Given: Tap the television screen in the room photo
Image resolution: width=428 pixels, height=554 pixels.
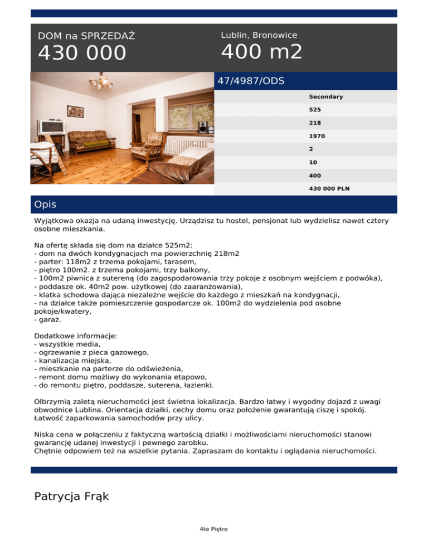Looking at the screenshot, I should click(x=47, y=127).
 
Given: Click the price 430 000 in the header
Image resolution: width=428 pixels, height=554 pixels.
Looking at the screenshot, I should click(x=82, y=54).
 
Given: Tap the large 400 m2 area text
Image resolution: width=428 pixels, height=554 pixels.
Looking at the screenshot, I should click(x=261, y=52).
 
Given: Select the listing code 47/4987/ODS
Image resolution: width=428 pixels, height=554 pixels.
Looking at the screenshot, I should click(x=251, y=81).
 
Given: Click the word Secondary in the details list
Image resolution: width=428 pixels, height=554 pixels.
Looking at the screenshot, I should click(x=326, y=97).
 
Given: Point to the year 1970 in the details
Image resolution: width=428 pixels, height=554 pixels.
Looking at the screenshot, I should click(x=317, y=136).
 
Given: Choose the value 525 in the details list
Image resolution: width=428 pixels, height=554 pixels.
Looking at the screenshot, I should click(x=315, y=110).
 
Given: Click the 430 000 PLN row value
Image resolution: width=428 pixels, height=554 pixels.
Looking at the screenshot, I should click(x=329, y=188).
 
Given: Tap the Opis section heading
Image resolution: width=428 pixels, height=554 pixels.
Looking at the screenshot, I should click(x=45, y=205).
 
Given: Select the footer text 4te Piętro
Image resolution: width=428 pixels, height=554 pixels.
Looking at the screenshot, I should click(x=213, y=529).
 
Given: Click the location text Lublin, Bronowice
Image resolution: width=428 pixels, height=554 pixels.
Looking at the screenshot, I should click(x=259, y=35).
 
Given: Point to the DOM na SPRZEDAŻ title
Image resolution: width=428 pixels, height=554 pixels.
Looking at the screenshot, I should click(x=86, y=36).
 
